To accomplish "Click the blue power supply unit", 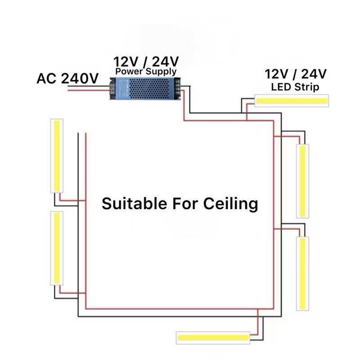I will (x=145, y=88).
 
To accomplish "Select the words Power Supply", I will (x=146, y=72).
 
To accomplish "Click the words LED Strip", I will (x=295, y=87).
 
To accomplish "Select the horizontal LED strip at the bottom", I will (x=213, y=337).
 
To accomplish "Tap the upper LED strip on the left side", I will (x=57, y=155).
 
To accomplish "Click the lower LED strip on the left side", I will (x=57, y=247).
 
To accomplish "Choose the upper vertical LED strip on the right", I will (x=303, y=180).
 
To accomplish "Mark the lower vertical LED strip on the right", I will (x=303, y=273).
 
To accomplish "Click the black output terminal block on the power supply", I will (x=178, y=88).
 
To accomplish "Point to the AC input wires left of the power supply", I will (x=88, y=90).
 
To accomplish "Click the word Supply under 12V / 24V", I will (x=162, y=72).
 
